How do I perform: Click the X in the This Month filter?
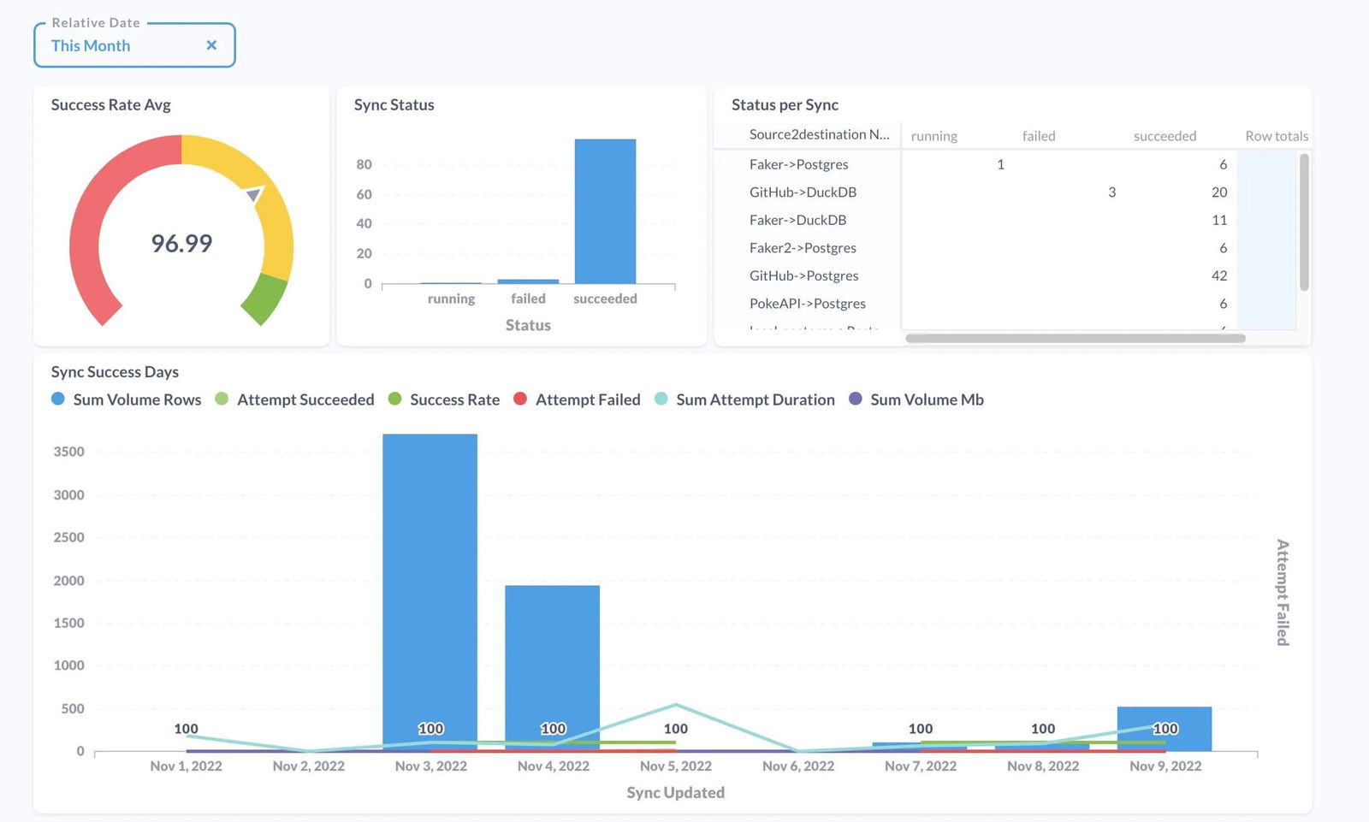pyautogui.click(x=211, y=45)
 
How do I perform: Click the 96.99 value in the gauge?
pyautogui.click(x=181, y=244)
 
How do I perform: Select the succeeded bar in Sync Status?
pyautogui.click(x=605, y=211)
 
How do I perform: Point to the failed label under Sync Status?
pyautogui.click(x=528, y=299)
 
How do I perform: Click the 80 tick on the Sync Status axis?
pyautogui.click(x=364, y=164)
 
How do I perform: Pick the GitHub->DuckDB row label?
pyautogui.click(x=803, y=192)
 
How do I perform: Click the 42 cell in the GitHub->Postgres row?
pyautogui.click(x=1218, y=275)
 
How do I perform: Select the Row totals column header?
pyautogui.click(x=1276, y=136)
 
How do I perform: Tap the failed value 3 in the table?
pyautogui.click(x=1111, y=192)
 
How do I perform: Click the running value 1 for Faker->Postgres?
pyautogui.click(x=1000, y=164)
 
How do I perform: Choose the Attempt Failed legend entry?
pyautogui.click(x=578, y=399)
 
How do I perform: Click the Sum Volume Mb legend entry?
pyautogui.click(x=916, y=399)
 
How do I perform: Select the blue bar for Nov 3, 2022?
pyautogui.click(x=430, y=590)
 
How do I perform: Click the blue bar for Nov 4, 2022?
pyautogui.click(x=552, y=667)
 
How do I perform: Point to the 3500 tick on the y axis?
pyautogui.click(x=68, y=452)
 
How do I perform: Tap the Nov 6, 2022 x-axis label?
pyautogui.click(x=797, y=766)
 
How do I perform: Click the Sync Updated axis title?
pyautogui.click(x=675, y=793)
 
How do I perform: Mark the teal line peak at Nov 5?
pyautogui.click(x=676, y=705)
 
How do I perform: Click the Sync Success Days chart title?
pyautogui.click(x=115, y=372)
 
